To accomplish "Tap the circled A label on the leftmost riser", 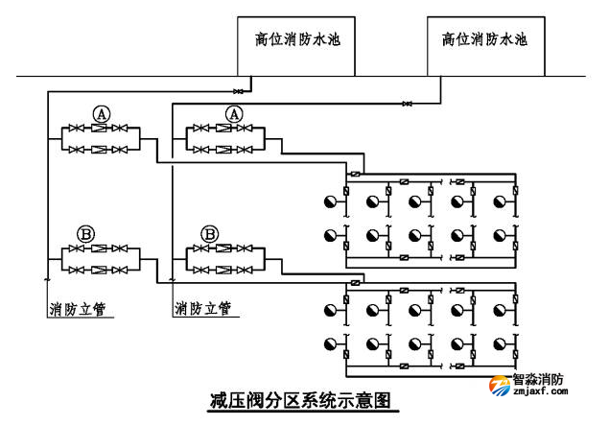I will (101, 113).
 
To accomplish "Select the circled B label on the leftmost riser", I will (85, 233).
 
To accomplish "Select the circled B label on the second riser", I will (211, 233).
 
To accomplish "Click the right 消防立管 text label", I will (202, 309).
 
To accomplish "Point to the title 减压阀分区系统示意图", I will (303, 399).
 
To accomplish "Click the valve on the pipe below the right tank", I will (409, 103).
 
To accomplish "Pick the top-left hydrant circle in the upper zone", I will (331, 201).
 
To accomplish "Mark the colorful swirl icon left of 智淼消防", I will (501, 385).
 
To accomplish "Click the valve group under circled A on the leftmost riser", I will (101, 138).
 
